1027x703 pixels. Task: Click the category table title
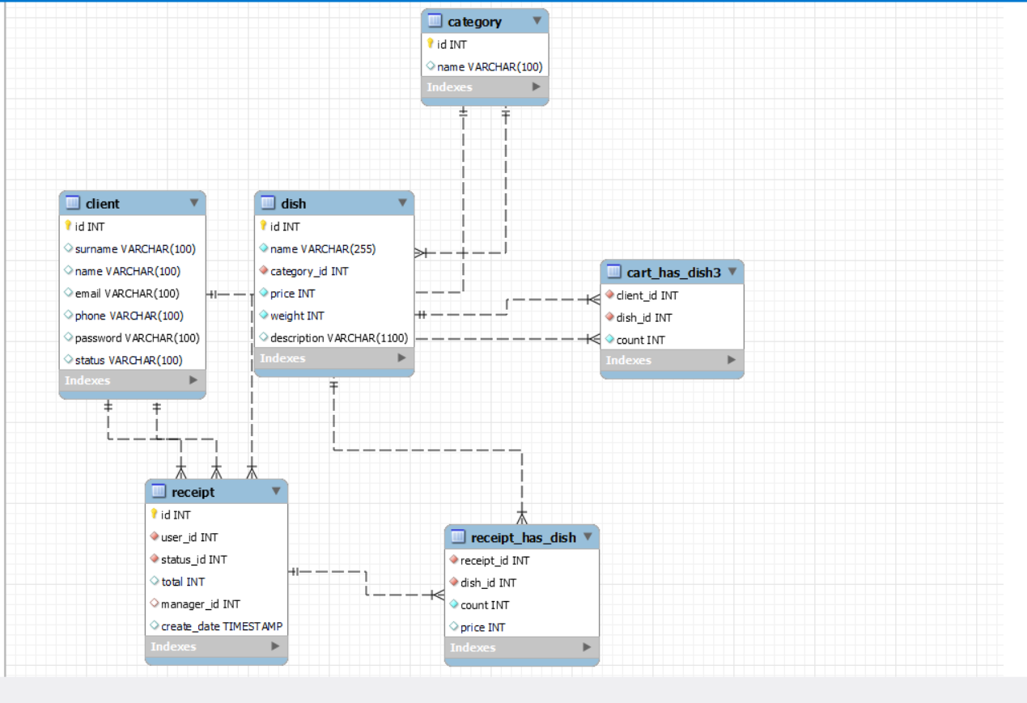tap(474, 22)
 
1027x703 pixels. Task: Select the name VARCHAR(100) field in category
tap(490, 67)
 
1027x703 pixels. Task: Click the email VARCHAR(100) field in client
tap(127, 294)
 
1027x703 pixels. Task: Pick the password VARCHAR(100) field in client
tap(137, 338)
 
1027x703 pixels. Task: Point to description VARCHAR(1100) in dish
tap(338, 338)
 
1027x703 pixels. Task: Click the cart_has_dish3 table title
tap(673, 273)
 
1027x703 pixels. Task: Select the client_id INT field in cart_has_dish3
tap(647, 296)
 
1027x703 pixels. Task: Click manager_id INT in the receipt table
tap(200, 604)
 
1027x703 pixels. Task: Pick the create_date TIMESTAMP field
tap(222, 626)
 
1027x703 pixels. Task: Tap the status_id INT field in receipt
tap(193, 560)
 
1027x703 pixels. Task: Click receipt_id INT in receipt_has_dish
tap(494, 561)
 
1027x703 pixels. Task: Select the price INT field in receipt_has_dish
tap(482, 628)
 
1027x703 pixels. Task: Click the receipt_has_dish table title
tap(523, 538)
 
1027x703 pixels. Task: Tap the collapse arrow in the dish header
tap(402, 203)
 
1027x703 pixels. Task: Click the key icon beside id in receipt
tap(154, 515)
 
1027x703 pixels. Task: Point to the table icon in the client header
tap(72, 203)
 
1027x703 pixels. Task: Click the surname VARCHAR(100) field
tap(135, 249)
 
